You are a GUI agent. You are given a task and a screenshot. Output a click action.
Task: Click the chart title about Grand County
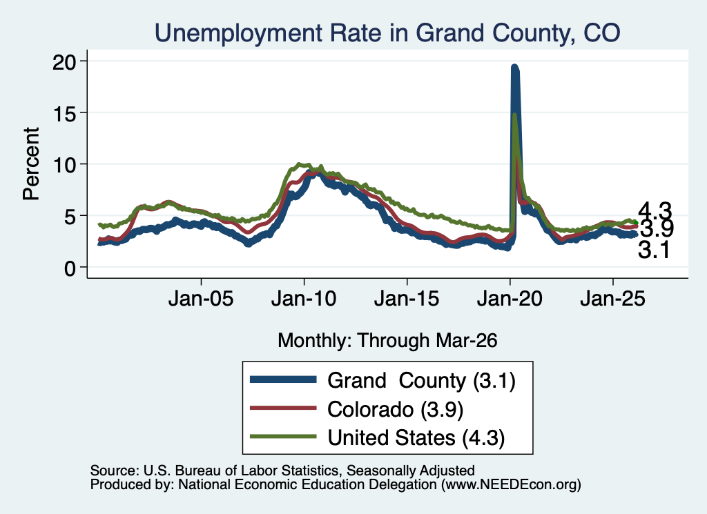tap(387, 33)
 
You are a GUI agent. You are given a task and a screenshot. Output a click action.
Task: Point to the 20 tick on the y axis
tap(64, 61)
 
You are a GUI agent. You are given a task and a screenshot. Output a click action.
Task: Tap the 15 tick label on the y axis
tap(64, 112)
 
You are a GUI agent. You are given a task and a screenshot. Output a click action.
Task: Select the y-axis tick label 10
tap(64, 164)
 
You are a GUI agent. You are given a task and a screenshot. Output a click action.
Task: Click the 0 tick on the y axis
tap(70, 268)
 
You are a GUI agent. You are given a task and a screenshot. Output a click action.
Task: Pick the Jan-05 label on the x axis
tap(201, 299)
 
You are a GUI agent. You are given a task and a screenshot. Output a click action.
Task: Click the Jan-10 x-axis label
tap(304, 299)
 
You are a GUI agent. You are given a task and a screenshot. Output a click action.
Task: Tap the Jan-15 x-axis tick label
tap(407, 299)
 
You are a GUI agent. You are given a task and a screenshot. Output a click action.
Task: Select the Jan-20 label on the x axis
tap(510, 299)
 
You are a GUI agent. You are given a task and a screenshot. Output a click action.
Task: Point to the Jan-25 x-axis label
tap(613, 299)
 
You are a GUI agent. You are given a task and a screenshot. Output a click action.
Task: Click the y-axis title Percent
tap(31, 164)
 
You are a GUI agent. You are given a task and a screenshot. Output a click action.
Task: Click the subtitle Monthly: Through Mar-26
tap(387, 341)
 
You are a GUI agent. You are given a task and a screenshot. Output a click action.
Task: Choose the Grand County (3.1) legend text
tap(421, 381)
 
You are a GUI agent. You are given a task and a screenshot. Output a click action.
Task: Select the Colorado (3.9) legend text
tap(396, 410)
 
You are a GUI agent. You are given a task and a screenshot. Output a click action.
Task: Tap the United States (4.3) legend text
tap(416, 438)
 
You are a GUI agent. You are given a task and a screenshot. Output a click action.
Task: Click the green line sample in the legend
tap(283, 437)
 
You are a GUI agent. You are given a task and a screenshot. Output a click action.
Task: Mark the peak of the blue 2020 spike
tap(514, 68)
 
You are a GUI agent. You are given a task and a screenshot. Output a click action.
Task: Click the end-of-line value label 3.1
tap(654, 250)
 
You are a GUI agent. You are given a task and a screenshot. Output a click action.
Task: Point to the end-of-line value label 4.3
tap(655, 211)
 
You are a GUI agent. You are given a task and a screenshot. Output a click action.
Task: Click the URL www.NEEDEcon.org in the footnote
tap(510, 485)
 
